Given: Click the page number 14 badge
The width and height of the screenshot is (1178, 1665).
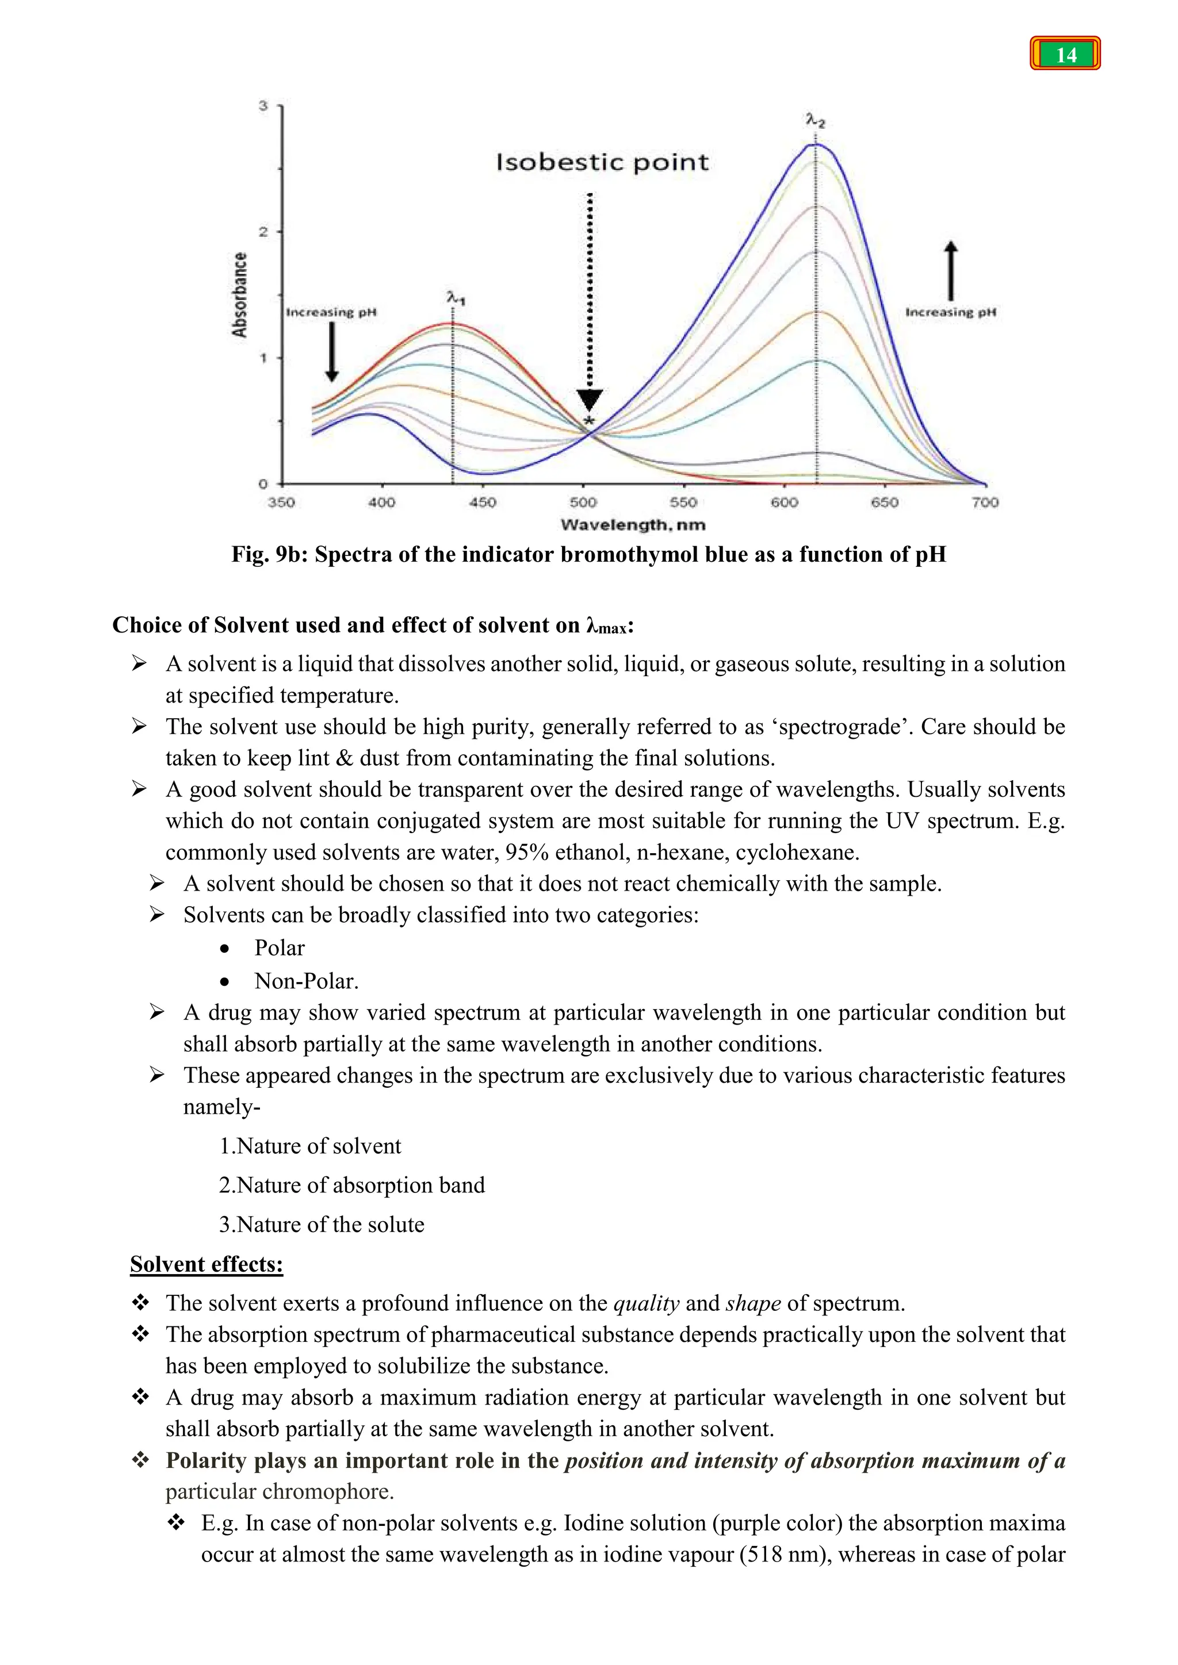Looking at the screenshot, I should coord(1065,55).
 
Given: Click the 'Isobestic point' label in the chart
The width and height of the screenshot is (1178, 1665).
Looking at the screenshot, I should coord(602,163).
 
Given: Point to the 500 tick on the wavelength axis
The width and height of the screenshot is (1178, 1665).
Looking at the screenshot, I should coord(583,502).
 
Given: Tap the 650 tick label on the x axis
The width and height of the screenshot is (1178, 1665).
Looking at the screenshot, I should coord(884,502).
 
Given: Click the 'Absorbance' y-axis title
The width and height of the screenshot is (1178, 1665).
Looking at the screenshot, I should coord(239,294).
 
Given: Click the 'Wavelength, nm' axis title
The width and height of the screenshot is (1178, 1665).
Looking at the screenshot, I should coord(633,524).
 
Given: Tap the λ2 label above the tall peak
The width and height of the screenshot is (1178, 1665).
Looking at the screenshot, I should coord(815,120).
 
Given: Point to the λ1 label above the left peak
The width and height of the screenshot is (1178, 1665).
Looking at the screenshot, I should coord(456,298).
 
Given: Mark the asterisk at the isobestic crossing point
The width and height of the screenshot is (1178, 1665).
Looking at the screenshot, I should coord(589,421).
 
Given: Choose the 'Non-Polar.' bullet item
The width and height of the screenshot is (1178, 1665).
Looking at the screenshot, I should coord(306,981).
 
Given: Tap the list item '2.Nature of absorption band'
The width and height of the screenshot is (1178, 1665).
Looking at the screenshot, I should coord(352,1185).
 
